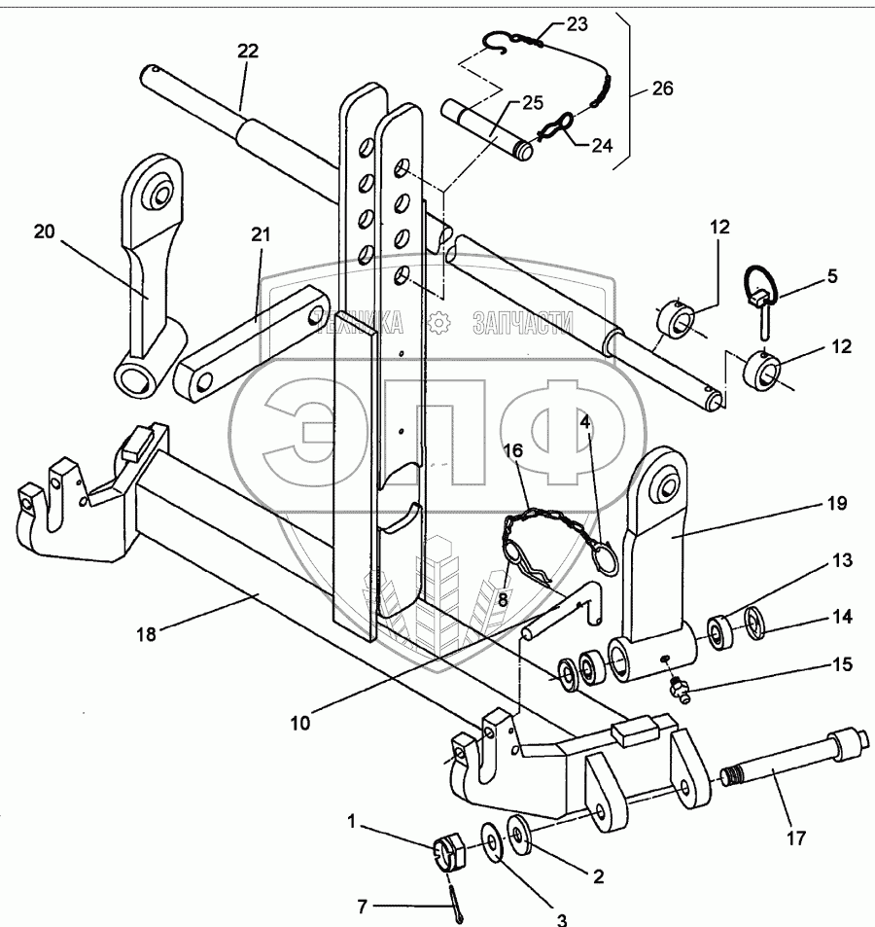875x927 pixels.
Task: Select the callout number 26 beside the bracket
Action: pyautogui.click(x=661, y=89)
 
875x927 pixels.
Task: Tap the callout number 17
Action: pyautogui.click(x=794, y=836)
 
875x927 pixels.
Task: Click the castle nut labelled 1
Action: pyautogui.click(x=446, y=853)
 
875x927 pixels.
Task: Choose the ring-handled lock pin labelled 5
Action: pyautogui.click(x=762, y=297)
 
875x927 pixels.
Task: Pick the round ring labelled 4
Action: pyautogui.click(x=604, y=561)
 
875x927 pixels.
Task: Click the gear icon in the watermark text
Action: pyautogui.click(x=440, y=321)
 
